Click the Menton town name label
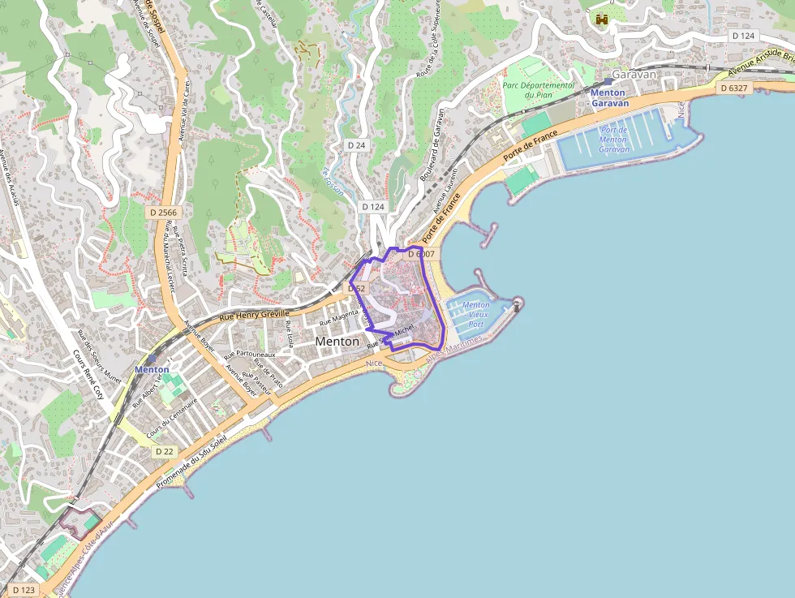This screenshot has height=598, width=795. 337,342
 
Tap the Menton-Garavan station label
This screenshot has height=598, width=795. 609,98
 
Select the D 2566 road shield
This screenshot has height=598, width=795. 162,211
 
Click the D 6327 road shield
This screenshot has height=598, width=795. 732,88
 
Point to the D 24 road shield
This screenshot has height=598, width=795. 356,144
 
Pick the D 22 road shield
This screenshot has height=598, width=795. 164,451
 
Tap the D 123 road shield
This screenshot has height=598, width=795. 24,590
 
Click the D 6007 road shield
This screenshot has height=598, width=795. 421,254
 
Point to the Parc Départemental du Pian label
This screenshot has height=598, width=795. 538,90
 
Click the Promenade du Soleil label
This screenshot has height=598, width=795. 191,458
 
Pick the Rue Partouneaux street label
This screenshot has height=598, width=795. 250,355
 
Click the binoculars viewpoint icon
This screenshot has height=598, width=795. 602,19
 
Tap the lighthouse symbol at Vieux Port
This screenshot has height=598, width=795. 517,305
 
